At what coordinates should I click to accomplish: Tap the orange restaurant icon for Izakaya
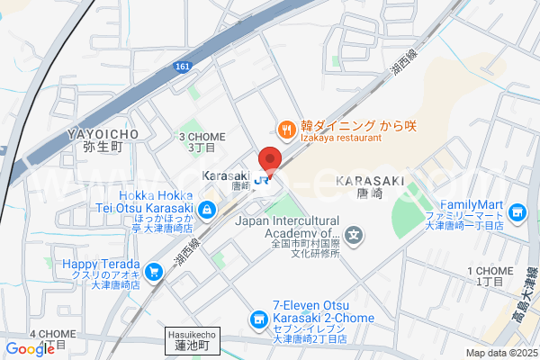click(x=286, y=130)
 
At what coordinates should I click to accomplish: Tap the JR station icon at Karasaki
click(x=262, y=180)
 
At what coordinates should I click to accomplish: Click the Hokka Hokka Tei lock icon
click(x=208, y=210)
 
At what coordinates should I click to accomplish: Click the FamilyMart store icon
click(x=516, y=212)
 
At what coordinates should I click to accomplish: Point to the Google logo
click(x=30, y=349)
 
